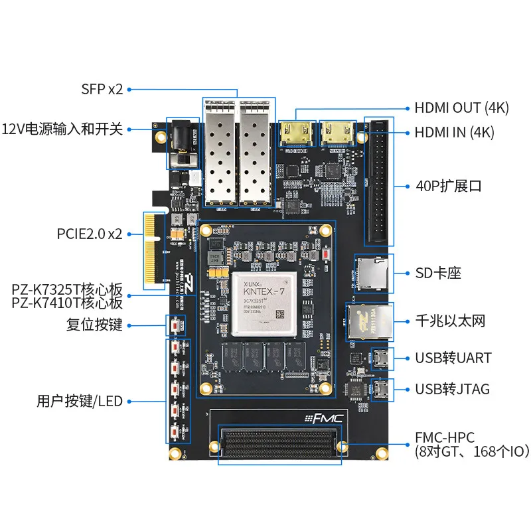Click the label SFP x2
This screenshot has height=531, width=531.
102,89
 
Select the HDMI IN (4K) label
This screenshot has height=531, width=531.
455,132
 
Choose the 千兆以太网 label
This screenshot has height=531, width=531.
450,321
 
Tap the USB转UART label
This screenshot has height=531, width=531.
453,358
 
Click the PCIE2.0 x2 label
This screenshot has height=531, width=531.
90,234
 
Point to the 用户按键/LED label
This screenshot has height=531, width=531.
80,401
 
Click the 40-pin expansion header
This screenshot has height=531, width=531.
379,183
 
